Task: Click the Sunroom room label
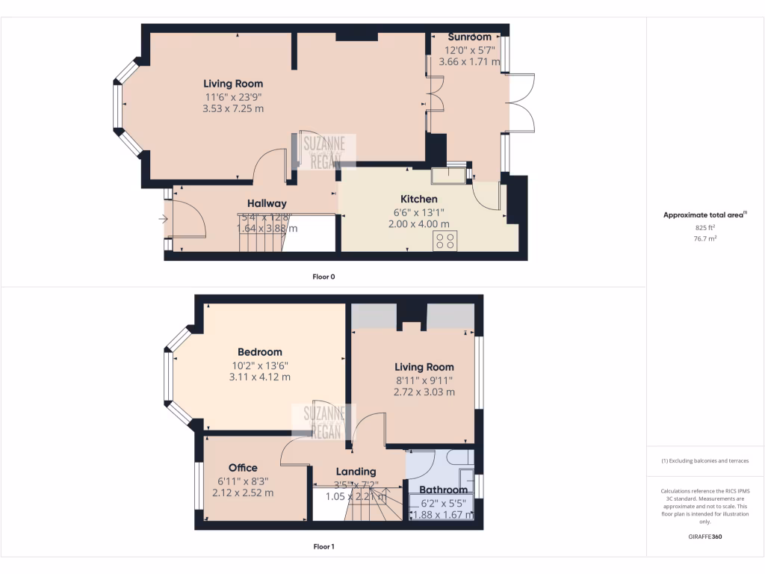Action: tap(469, 37)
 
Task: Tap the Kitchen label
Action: tap(419, 200)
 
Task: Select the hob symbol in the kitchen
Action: tap(446, 241)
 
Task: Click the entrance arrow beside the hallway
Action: tap(163, 219)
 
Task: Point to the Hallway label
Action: tap(267, 203)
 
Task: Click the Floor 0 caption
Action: tap(323, 277)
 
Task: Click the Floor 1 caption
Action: tap(323, 546)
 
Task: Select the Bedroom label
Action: tap(260, 352)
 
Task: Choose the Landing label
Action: tap(356, 472)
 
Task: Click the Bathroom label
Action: tap(443, 490)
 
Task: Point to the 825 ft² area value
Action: tap(705, 226)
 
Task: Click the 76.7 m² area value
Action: tap(705, 238)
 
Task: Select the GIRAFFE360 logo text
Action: tap(705, 537)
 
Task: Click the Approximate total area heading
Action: tap(704, 215)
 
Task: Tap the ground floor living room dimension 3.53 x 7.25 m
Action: tap(233, 108)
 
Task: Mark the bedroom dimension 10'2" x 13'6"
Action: tap(260, 365)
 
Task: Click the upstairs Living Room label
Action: tap(424, 367)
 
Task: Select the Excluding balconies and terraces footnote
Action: tap(705, 461)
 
